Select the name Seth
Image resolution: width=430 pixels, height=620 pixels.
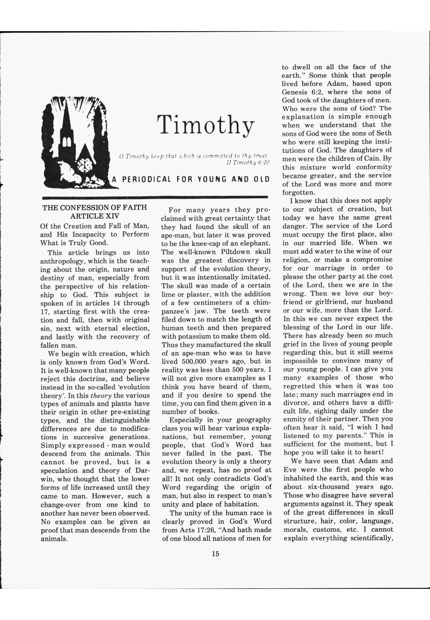(x=384, y=133)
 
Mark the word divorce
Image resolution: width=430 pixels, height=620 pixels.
(x=296, y=403)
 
